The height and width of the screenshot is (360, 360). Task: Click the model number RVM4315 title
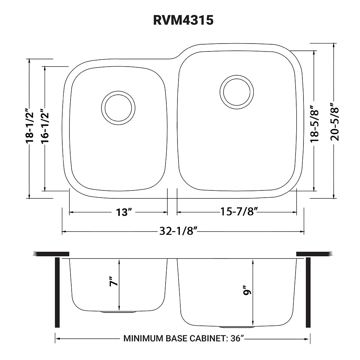tap(183, 21)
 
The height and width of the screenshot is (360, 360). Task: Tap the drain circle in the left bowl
tap(118, 108)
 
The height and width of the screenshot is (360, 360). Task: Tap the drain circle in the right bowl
tap(236, 91)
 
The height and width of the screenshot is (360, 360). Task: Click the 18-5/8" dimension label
tap(314, 123)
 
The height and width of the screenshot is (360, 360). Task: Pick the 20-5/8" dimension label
tap(334, 123)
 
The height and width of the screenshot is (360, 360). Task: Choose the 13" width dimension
tap(122, 212)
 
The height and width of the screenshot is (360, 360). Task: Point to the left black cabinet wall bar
tap(57, 292)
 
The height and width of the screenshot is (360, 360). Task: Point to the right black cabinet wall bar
tap(308, 292)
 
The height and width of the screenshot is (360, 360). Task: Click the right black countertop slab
tap(312, 254)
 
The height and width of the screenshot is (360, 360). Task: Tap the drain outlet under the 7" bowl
tap(118, 312)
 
